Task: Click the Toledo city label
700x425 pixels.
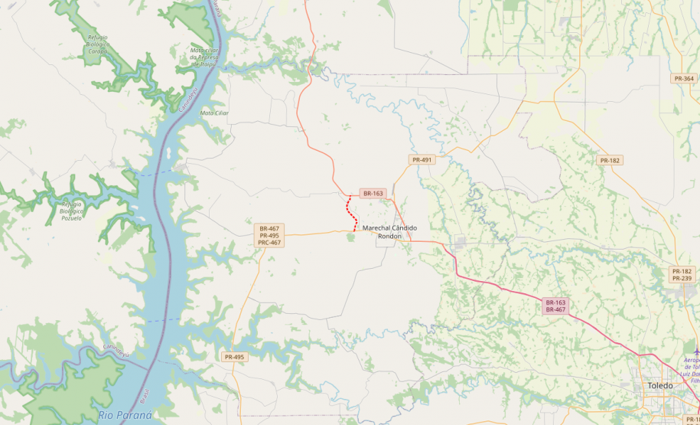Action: pyautogui.click(x=659, y=385)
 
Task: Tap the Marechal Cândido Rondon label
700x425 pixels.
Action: pyautogui.click(x=389, y=232)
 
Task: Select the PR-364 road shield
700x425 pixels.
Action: pyautogui.click(x=684, y=79)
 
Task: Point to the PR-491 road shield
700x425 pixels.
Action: pyautogui.click(x=422, y=160)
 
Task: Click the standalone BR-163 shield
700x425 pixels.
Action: pyautogui.click(x=373, y=194)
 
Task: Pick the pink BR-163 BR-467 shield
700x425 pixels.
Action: pyautogui.click(x=555, y=306)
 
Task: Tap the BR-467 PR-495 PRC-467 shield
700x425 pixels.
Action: pyautogui.click(x=269, y=235)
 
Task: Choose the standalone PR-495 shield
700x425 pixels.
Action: pyautogui.click(x=234, y=358)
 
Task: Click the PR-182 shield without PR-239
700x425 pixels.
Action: pyautogui.click(x=610, y=160)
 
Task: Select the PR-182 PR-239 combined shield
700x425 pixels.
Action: pyautogui.click(x=682, y=274)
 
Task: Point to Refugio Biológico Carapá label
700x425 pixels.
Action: pyautogui.click(x=97, y=44)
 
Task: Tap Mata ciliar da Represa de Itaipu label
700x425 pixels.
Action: pyautogui.click(x=205, y=57)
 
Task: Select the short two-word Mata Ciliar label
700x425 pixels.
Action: pyautogui.click(x=214, y=113)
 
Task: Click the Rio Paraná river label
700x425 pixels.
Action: pyautogui.click(x=125, y=415)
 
